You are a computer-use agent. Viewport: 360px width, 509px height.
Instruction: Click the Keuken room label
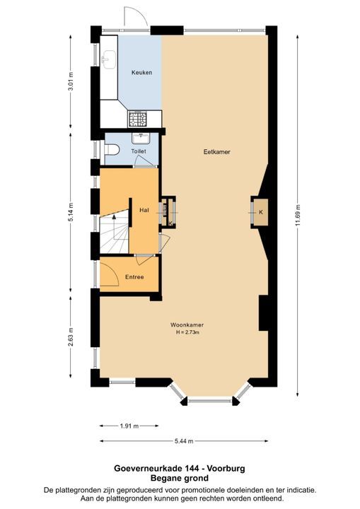point(141,72)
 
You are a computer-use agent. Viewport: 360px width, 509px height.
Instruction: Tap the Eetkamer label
point(216,151)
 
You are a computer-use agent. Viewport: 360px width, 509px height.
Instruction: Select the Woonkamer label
point(187,324)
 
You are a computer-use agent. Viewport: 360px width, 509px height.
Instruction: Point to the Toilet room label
point(139,151)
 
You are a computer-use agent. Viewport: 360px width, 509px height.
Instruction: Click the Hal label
point(144,210)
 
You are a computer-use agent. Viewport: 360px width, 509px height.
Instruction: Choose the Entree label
point(134,277)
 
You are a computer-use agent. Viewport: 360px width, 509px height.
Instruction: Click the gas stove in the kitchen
point(138,119)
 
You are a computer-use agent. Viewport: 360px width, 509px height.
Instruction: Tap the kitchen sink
point(108,59)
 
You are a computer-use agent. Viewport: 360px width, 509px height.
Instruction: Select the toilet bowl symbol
point(112,150)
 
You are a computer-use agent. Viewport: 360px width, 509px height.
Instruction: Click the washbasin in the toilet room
point(141,138)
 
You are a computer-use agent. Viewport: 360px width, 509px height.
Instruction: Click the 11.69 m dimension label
point(298,216)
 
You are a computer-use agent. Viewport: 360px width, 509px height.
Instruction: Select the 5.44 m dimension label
point(184,441)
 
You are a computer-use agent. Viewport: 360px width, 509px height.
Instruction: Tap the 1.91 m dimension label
point(129,426)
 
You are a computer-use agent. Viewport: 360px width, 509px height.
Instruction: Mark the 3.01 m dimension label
point(71,81)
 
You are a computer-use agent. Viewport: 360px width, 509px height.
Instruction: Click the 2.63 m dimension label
point(71,337)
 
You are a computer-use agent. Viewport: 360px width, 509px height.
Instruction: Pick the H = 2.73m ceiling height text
point(187,332)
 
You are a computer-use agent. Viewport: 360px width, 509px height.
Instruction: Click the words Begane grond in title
point(180,478)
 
